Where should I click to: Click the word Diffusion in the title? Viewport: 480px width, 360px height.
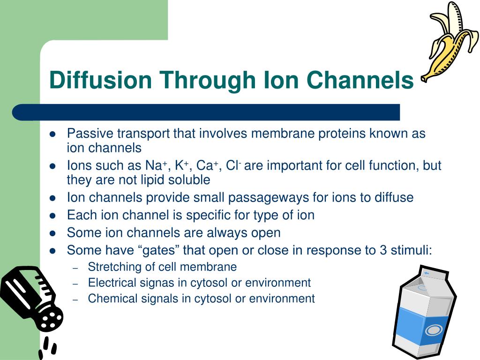click(x=100, y=80)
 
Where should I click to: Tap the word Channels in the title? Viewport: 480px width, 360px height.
click(x=360, y=80)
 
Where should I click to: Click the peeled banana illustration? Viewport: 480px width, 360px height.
click(x=450, y=42)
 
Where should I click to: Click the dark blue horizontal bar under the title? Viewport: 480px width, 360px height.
click(x=206, y=112)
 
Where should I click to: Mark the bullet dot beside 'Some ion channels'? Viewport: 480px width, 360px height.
click(x=52, y=233)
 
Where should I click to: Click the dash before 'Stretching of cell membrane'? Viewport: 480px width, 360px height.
click(x=75, y=268)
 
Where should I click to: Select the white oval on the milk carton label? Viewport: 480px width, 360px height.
click(x=434, y=330)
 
